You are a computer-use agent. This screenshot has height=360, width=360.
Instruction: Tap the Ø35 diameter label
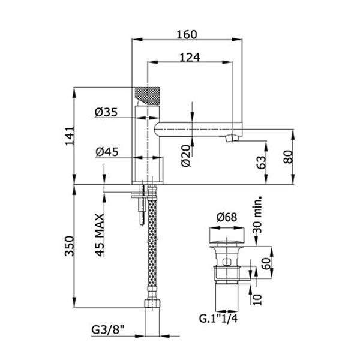point(106,112)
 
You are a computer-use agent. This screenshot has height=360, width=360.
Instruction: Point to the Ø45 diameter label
point(106,152)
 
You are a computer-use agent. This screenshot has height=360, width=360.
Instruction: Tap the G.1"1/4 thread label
point(220,319)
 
